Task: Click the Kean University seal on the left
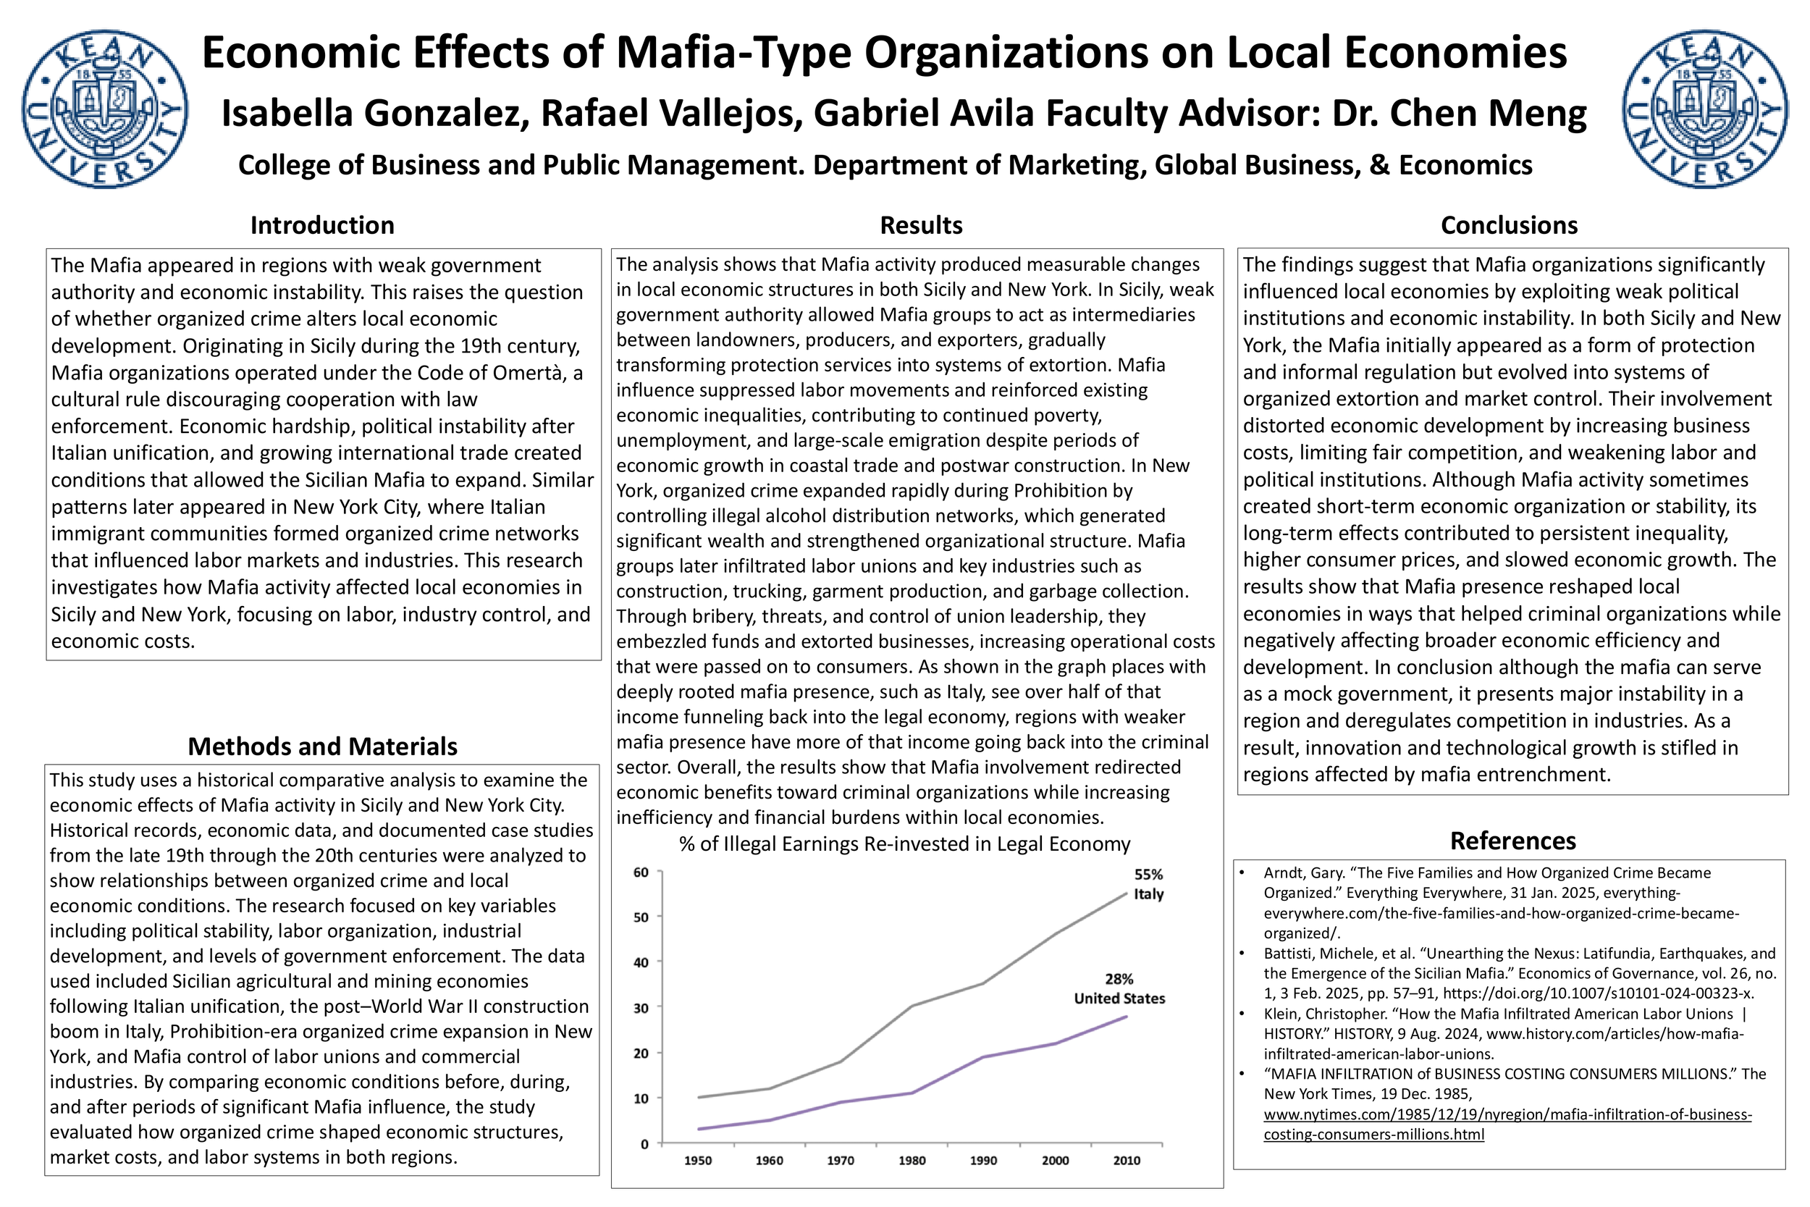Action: (x=105, y=109)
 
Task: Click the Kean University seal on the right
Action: (x=1705, y=109)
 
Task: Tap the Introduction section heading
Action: (x=321, y=225)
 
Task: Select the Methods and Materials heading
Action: (x=321, y=747)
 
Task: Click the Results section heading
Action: (x=920, y=225)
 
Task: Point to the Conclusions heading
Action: (x=1508, y=225)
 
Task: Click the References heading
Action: (x=1512, y=841)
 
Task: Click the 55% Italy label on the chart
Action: (x=1148, y=885)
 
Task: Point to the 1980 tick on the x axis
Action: (x=912, y=1161)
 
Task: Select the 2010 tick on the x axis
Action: (x=1127, y=1161)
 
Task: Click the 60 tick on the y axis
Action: (x=641, y=872)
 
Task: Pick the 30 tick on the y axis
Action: (x=641, y=1008)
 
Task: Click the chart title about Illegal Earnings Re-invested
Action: (x=904, y=844)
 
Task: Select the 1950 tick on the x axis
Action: (x=698, y=1161)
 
